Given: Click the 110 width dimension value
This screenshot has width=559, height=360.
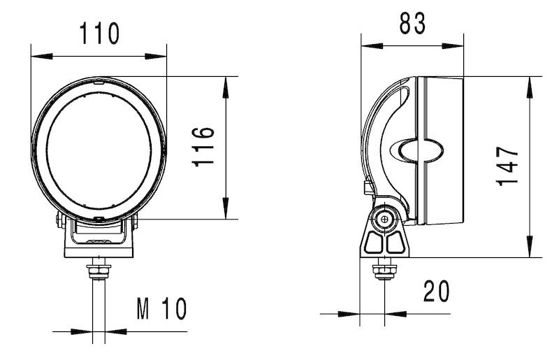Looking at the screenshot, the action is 99,33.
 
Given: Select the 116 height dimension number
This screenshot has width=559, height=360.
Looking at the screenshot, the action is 203,147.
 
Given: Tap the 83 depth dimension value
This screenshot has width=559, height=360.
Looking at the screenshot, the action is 412,23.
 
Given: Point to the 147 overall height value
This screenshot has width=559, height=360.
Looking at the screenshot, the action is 507,166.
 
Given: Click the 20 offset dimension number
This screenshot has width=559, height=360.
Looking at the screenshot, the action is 436,291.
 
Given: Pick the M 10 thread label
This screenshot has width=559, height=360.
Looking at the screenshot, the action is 162,309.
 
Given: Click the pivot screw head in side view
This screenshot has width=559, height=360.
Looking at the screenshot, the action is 384,219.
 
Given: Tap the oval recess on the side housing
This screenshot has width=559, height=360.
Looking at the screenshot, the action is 417,150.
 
